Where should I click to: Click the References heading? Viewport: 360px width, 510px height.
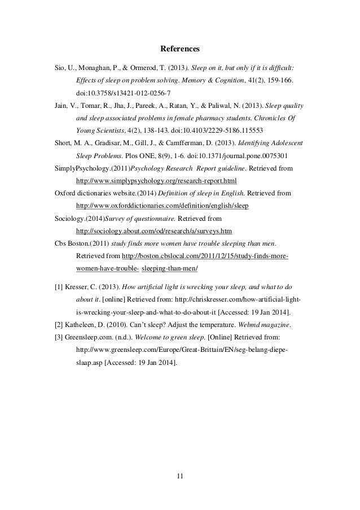[x=179, y=49]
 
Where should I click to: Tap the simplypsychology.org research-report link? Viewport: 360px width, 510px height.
[x=156, y=181]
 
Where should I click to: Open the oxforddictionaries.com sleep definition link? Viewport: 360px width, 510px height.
[x=161, y=205]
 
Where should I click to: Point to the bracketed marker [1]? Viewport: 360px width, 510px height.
[x=59, y=286]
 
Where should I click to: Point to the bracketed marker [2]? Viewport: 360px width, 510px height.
[x=59, y=324]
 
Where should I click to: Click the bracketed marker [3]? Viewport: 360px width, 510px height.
[x=59, y=337]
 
